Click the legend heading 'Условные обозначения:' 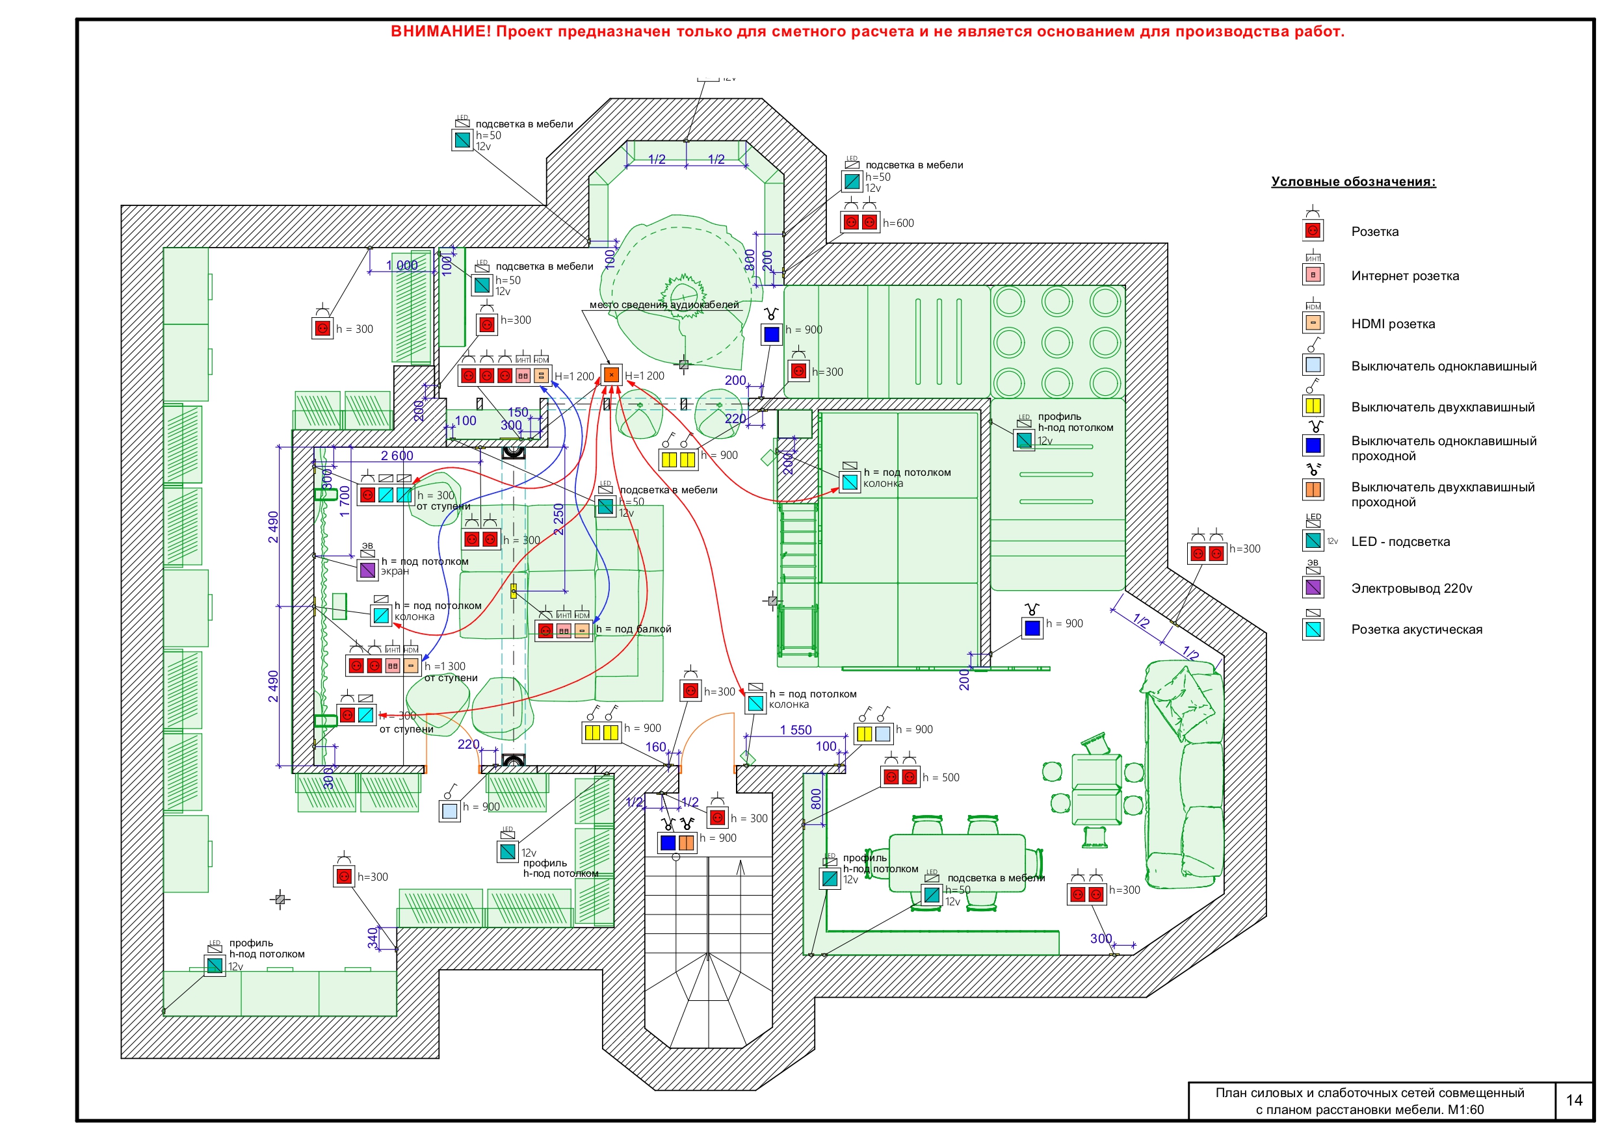coord(1353,182)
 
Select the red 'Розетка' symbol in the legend coord(1313,230)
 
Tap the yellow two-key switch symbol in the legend coord(1313,406)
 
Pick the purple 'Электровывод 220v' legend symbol coord(1313,587)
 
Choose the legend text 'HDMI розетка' coord(1393,324)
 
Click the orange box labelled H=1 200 coord(611,375)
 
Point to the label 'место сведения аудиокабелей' coord(664,305)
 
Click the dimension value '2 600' coord(397,456)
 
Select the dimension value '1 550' coord(795,731)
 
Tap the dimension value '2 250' coord(559,520)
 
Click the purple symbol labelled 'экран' coord(367,569)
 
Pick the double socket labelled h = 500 coord(900,777)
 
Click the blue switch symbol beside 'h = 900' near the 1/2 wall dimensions coord(1032,627)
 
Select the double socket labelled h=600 coord(860,223)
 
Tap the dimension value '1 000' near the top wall coord(402,266)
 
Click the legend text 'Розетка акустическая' coord(1416,629)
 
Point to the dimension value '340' coord(373,938)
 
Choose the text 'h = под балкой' coord(633,629)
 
